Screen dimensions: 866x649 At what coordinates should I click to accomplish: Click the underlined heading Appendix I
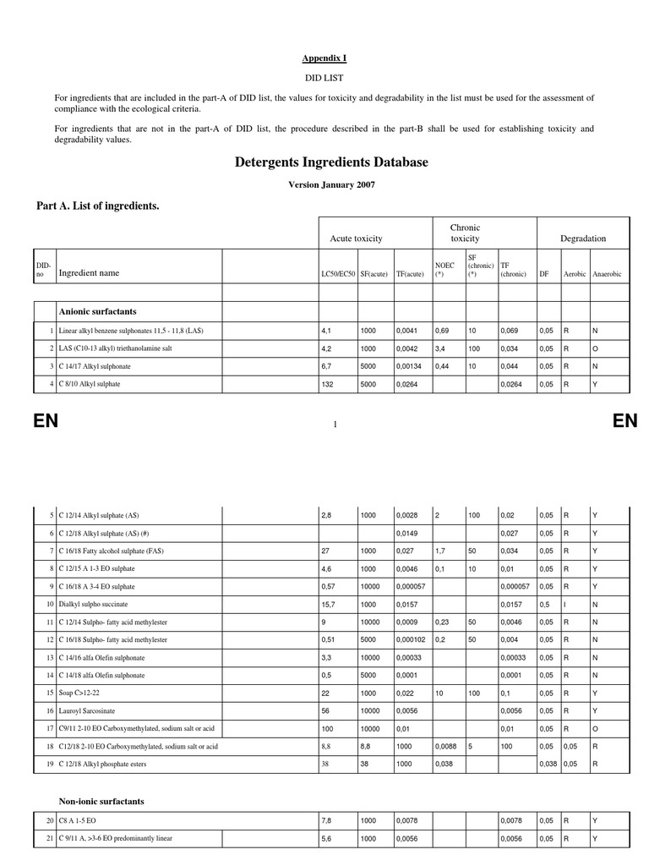324,58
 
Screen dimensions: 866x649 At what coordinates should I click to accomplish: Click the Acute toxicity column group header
356,239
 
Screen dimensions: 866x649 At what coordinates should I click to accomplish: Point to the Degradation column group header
583,239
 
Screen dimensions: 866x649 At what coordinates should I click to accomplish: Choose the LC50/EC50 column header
337,274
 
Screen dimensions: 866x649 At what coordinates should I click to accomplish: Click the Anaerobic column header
607,274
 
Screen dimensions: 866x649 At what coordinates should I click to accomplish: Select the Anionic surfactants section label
97,311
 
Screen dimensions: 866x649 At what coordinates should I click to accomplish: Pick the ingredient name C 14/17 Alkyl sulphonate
95,366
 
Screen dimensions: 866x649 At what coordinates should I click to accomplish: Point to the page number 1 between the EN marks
335,424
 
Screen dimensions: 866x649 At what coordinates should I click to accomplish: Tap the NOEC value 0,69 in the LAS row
441,330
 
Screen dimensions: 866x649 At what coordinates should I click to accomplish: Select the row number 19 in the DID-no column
50,764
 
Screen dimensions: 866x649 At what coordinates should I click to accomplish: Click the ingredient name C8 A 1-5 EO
78,820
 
